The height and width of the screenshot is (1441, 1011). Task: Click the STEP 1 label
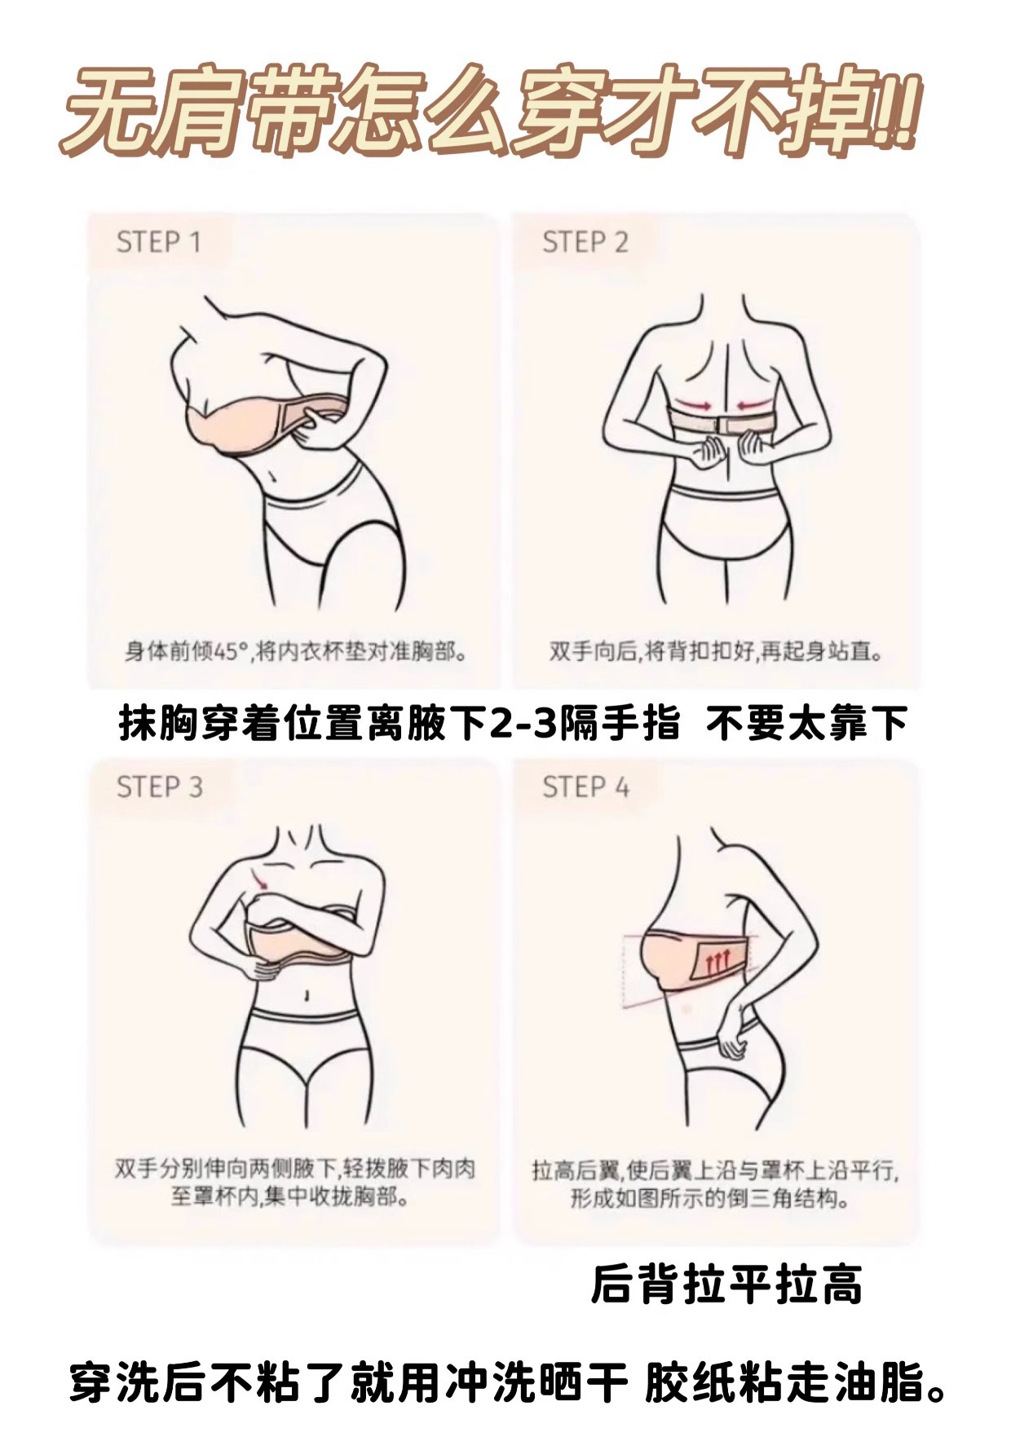158,242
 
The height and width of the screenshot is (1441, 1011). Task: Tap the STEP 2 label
585,242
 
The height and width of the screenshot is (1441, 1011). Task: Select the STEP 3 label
159,787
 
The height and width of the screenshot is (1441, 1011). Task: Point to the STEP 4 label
585,787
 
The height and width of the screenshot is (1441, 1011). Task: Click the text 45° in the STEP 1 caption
230,653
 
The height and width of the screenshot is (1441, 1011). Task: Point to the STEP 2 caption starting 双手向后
715,653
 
